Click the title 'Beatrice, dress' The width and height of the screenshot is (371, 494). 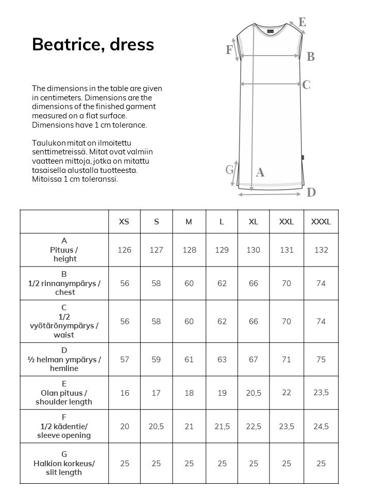93,45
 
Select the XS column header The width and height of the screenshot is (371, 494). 124,222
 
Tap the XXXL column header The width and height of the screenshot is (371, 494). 321,222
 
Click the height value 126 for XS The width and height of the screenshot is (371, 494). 124,250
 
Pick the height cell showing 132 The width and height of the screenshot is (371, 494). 321,250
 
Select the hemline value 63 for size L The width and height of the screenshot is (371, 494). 222,360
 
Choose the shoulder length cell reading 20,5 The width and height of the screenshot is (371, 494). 254,393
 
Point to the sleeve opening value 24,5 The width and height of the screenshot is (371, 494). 321,427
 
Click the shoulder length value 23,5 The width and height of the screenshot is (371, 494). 321,393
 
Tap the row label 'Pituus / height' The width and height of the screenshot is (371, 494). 64,250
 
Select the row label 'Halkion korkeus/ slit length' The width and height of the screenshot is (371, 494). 64,463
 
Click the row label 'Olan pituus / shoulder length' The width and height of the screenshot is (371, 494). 64,393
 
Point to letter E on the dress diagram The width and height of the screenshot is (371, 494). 302,22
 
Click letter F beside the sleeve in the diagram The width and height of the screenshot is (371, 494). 229,50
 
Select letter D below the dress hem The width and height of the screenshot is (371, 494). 311,192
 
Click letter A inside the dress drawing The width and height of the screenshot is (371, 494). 260,173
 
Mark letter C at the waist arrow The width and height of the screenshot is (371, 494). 306,85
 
